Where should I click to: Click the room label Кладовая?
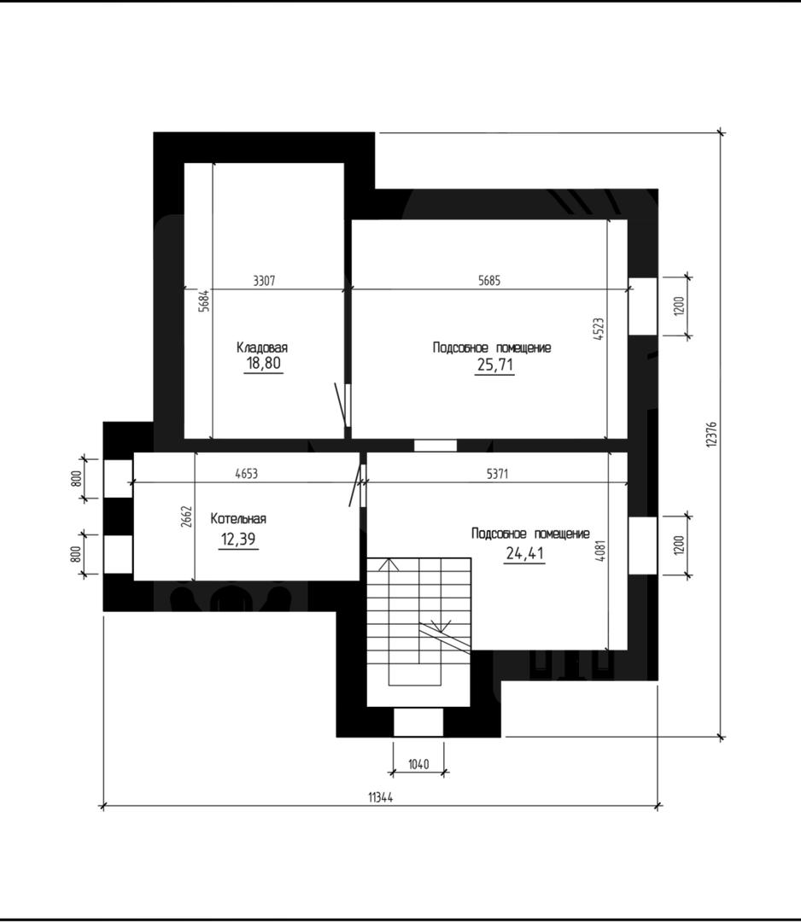pos(262,347)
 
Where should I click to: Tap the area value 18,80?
pos(264,364)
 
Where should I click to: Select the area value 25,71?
pos(494,365)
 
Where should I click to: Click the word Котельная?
pos(238,519)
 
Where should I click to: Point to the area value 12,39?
pos(237,539)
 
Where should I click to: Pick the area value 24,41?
pos(524,553)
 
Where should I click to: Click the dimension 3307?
pos(264,281)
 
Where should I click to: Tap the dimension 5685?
pos(489,281)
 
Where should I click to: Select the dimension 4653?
pos(247,473)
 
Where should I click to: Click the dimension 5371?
pos(497,473)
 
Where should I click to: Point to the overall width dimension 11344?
pos(381,797)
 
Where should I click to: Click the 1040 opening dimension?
pos(418,764)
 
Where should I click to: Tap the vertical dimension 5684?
pos(203,301)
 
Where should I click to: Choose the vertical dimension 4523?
pos(598,330)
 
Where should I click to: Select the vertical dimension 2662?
pos(186,516)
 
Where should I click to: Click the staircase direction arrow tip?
pos(389,559)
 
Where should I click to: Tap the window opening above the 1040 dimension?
pos(418,722)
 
